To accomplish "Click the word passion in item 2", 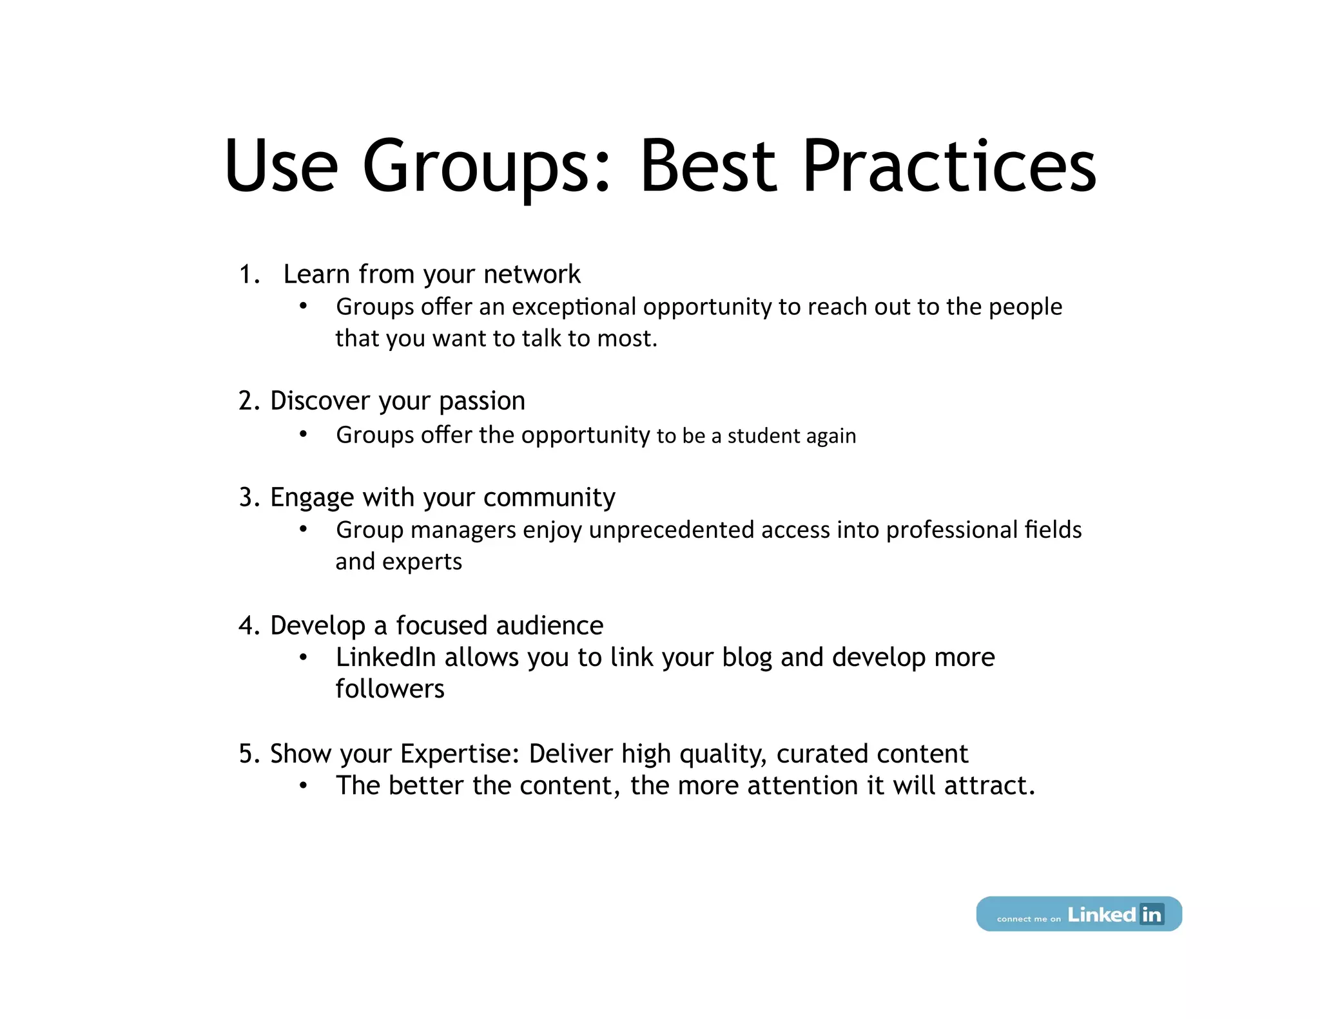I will [482, 401].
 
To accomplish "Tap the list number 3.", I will [247, 498].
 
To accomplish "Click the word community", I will [549, 498].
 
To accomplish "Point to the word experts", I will [422, 562].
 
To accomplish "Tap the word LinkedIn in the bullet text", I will [386, 658].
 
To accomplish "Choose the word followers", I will [390, 690].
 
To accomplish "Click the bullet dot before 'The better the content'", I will [303, 786].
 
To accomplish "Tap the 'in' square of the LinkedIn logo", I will [1151, 914].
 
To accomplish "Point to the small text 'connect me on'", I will [1028, 919].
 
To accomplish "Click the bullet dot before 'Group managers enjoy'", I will [303, 529].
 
